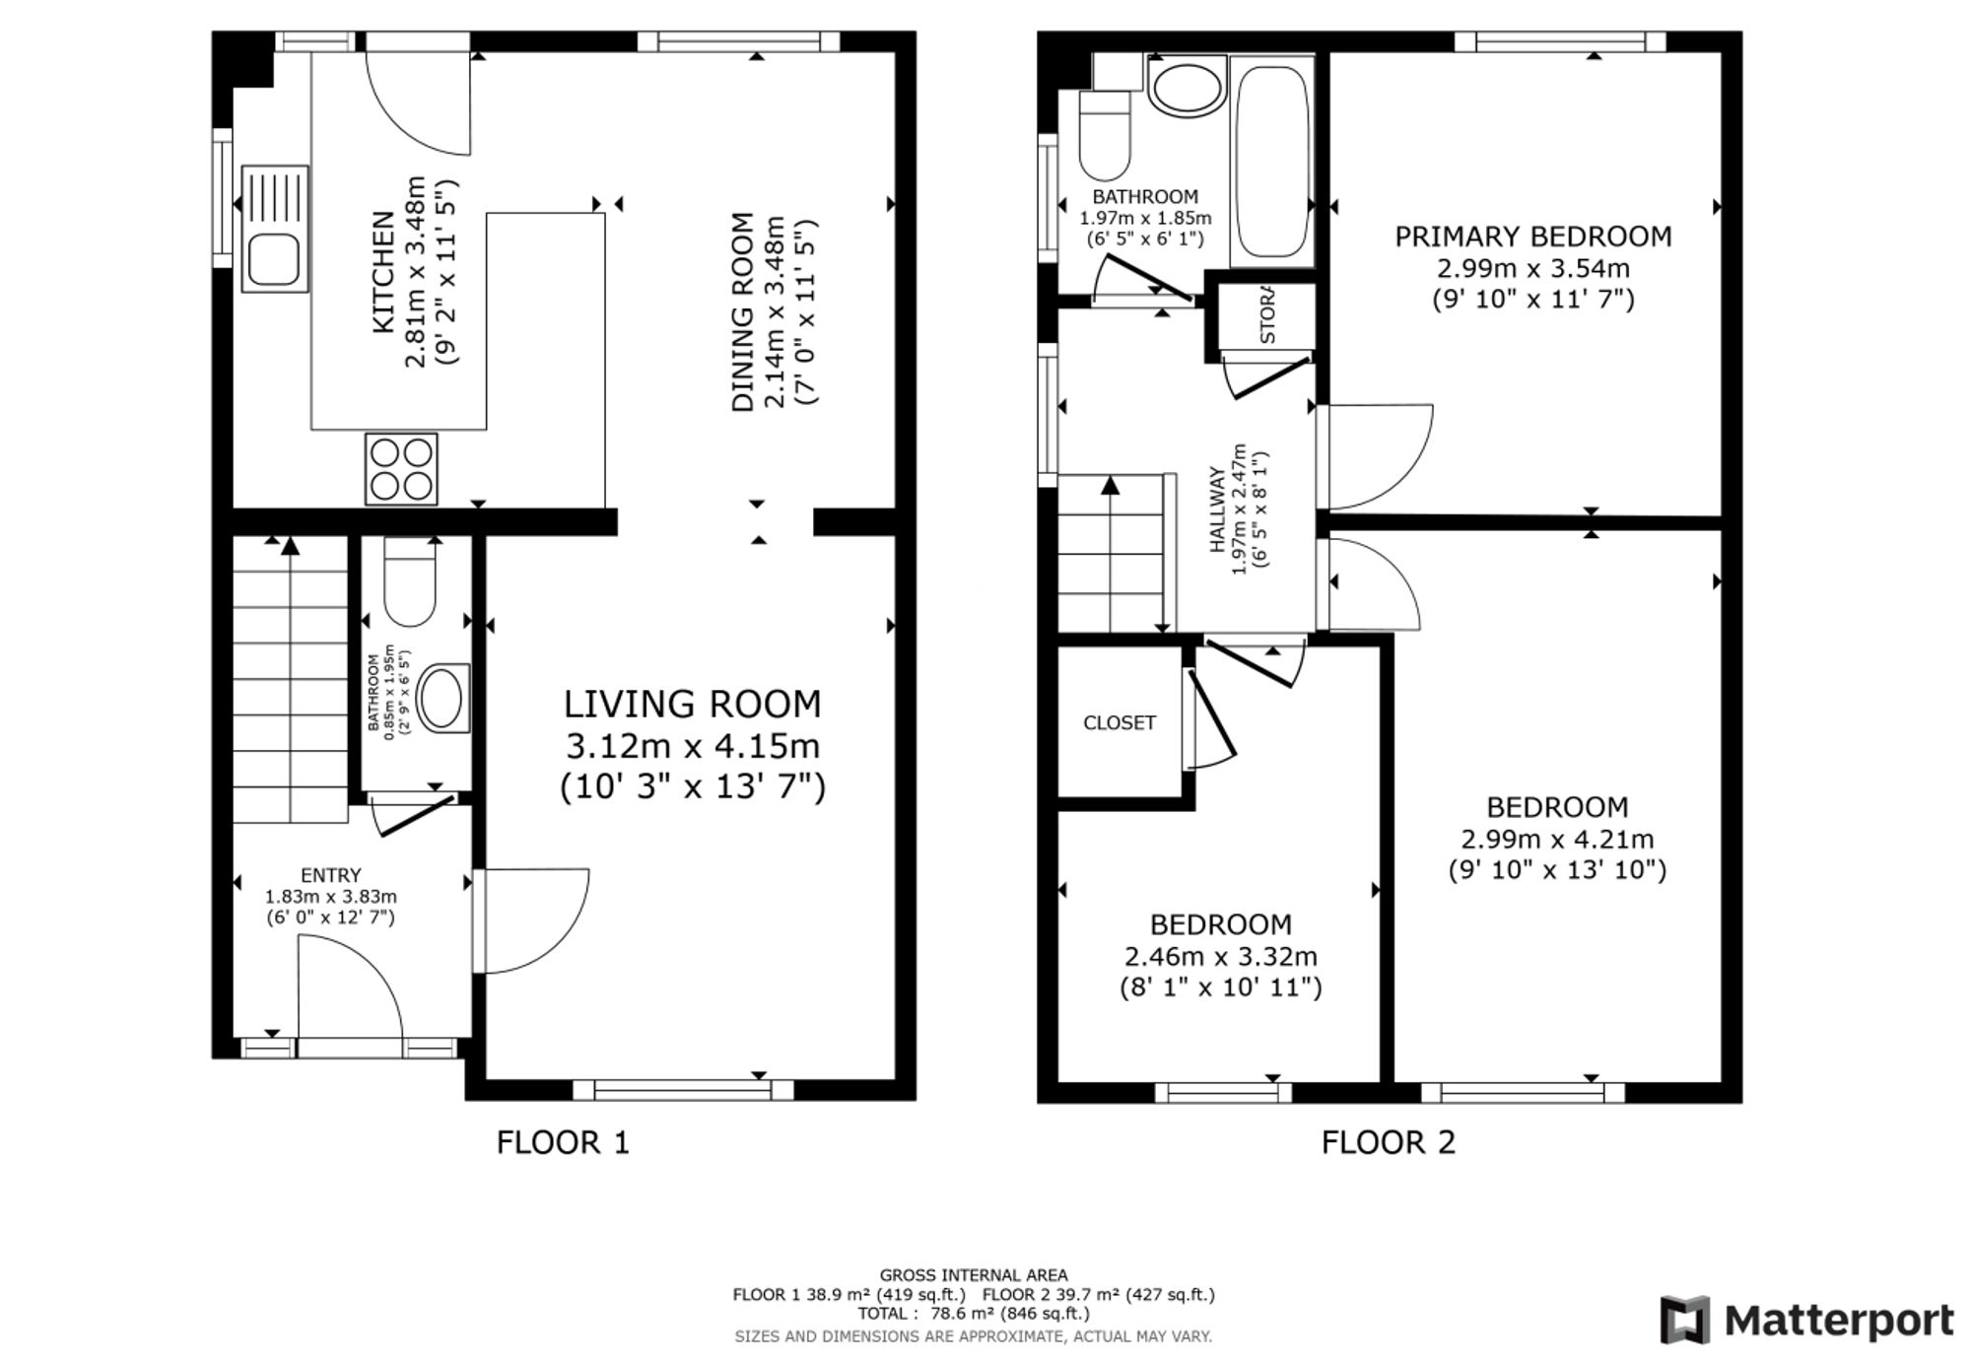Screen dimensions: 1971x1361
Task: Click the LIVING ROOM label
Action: coord(692,704)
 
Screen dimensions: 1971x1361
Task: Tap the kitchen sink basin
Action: coord(273,259)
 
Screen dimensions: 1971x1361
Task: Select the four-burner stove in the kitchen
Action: coord(401,469)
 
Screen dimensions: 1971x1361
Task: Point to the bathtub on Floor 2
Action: coord(1272,162)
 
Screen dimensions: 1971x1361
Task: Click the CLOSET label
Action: coord(1119,722)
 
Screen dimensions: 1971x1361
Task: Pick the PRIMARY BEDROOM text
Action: coord(1532,237)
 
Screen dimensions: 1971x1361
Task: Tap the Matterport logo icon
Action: coord(1684,1319)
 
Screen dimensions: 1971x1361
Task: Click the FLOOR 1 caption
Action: coord(563,1142)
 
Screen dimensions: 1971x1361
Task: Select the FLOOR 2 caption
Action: coord(1388,1142)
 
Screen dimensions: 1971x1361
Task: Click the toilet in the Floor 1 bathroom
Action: coord(409,583)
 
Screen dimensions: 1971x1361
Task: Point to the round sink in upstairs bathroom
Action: coord(1188,88)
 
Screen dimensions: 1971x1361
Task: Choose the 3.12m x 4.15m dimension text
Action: coord(692,746)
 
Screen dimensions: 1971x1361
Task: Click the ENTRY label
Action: coord(331,875)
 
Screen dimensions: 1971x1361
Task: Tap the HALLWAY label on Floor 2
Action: coord(1218,510)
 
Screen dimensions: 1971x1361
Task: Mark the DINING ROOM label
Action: coord(742,312)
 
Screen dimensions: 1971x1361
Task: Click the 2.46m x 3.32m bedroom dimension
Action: coord(1221,956)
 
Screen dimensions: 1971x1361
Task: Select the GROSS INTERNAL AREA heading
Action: coord(973,1274)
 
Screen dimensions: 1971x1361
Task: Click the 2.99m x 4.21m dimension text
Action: coord(1557,839)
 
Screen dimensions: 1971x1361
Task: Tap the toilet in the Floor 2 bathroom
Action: coord(1104,135)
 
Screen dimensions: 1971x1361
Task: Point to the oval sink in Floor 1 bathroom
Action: coord(442,699)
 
